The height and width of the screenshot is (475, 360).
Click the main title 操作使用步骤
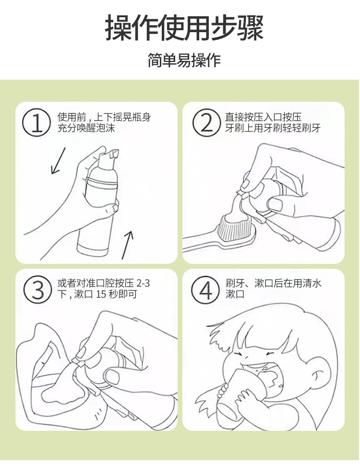pos(184,28)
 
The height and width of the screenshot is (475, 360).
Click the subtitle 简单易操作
pos(184,60)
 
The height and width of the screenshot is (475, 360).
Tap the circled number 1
pos(36,123)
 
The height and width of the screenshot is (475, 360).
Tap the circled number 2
pos(206,123)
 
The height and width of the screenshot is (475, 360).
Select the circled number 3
pos(37,290)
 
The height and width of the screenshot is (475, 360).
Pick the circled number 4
pos(205,290)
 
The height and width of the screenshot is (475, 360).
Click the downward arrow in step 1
pos(58,161)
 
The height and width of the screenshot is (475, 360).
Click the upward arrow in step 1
pos(127,245)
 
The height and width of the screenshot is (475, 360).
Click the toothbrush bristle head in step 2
pos(237,228)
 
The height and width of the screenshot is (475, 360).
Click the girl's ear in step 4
pos(318,377)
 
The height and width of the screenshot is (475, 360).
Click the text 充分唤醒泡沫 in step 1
pos(86,128)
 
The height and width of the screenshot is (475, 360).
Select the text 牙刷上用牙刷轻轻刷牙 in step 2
pos(273,128)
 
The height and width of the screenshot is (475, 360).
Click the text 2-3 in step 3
pos(143,283)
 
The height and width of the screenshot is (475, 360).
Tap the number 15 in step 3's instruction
pos(101,294)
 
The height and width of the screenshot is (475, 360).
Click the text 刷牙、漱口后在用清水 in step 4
pos(273,283)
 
